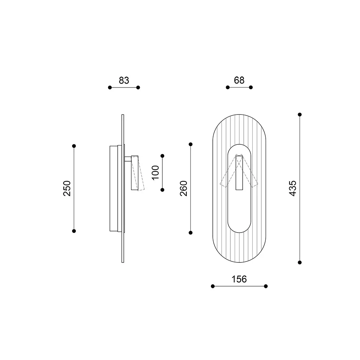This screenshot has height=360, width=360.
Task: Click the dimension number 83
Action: pos(124,80)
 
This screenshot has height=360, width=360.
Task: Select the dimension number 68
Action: pos(239,80)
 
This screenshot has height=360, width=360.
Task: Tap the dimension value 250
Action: pos(67,188)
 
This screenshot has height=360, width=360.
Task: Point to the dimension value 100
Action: pos(155,173)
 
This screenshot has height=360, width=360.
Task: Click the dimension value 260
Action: pos(184,188)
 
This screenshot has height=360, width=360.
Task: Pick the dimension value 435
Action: pos(293,188)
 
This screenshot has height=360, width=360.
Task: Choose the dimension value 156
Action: pos(239,279)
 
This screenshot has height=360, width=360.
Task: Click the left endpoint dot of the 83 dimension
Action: pos(110,87)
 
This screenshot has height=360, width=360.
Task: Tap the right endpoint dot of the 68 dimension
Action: pos(251,87)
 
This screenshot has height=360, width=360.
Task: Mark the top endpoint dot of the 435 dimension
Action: pos(300,114)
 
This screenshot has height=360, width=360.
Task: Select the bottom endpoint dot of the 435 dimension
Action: pos(300,262)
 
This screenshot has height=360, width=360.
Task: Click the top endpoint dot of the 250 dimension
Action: pos(74,146)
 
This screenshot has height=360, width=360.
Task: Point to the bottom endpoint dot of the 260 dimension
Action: pos(191,232)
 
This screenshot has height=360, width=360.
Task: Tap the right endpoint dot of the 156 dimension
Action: pos(266,286)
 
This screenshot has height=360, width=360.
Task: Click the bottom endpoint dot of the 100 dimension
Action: pos(162,190)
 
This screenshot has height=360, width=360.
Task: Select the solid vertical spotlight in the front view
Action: pos(239,175)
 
